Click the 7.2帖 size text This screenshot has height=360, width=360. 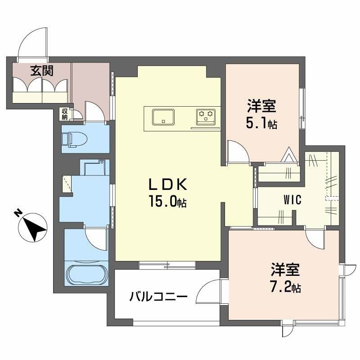pyautogui.click(x=286, y=287)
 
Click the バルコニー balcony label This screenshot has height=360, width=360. pyautogui.click(x=158, y=297)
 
